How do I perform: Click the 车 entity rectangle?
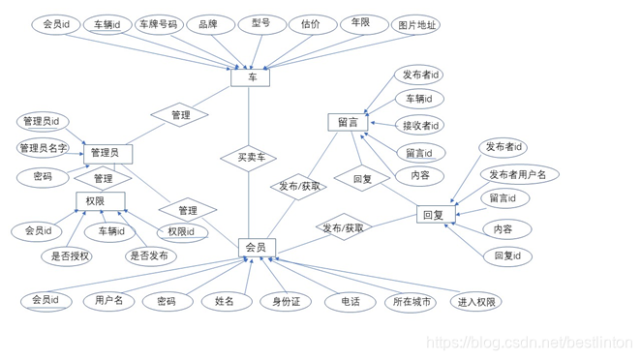point(250,76)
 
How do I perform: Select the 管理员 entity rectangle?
point(105,153)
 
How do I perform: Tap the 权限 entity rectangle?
point(100,201)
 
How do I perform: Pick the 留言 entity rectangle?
point(348,122)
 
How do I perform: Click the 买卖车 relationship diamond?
point(249,158)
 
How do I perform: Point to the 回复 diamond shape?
point(362,179)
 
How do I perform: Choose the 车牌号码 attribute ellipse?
point(158,24)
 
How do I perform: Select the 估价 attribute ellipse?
point(311,24)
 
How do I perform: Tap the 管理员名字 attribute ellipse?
point(44,148)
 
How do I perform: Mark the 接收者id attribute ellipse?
point(419,125)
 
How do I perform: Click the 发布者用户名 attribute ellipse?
point(518,175)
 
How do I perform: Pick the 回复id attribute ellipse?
point(508,256)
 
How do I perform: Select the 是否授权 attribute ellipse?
point(67,256)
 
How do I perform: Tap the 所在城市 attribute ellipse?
point(410,302)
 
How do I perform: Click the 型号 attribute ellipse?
point(261,24)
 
